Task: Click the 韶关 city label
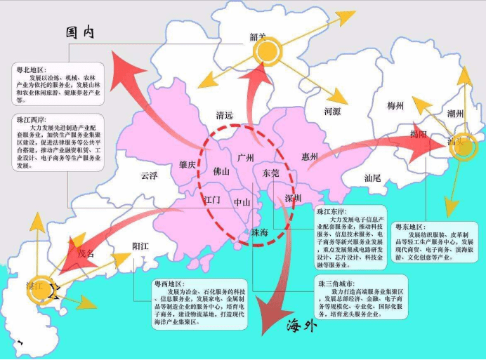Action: click(258, 37)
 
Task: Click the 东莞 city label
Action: click(270, 172)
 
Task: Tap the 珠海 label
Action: click(259, 232)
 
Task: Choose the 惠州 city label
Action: click(310, 156)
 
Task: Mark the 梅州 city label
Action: click(395, 106)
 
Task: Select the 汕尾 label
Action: click(372, 178)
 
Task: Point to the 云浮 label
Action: click(149, 175)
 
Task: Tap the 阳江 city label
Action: click(141, 246)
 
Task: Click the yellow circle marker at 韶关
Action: click(267, 51)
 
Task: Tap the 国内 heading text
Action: click(80, 32)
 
